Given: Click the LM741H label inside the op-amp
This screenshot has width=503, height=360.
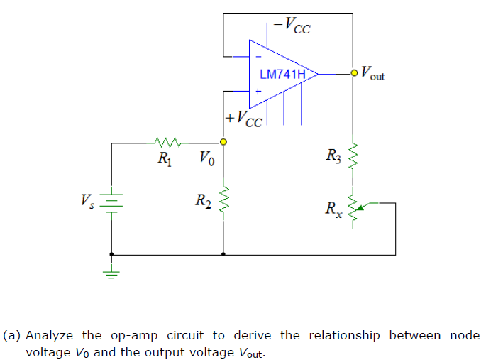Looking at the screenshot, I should tap(282, 74).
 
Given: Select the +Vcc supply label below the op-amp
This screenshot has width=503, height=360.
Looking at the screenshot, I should tap(243, 117).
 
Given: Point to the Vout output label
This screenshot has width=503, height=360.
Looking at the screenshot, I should tap(373, 72).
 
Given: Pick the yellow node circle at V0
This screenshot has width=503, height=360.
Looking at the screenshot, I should tap(223, 142).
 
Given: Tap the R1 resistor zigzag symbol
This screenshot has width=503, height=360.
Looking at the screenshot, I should tap(168, 142).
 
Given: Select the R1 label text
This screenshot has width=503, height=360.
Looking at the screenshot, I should tap(164, 158).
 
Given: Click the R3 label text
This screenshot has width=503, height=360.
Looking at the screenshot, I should tap(334, 154).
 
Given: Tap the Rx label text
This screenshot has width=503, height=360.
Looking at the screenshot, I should tap(333, 209).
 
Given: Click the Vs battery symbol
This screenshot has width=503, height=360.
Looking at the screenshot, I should tap(111, 200).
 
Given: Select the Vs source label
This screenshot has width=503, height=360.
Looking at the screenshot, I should tap(88, 200).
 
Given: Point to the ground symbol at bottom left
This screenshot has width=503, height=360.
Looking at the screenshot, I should tap(111, 273).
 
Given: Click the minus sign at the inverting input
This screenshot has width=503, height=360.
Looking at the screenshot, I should tap(258, 56).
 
